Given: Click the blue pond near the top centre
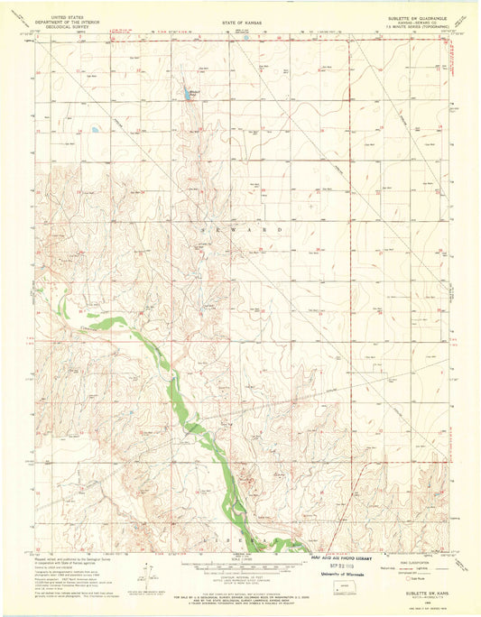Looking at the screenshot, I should pyautogui.click(x=190, y=95).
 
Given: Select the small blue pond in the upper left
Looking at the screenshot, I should pyautogui.click(x=94, y=130).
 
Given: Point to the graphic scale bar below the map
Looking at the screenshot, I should pyautogui.click(x=239, y=562).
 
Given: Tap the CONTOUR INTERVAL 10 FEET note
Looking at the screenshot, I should pyautogui.click(x=239, y=574).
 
